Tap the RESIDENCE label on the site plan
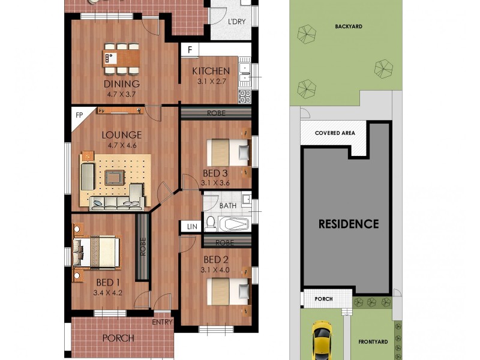click(348, 224)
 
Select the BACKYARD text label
click(349, 26)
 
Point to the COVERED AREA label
click(335, 133)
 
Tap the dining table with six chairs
click(122, 57)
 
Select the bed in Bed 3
click(228, 152)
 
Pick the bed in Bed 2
click(228, 292)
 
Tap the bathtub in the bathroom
click(234, 225)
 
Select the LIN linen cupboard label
click(191, 226)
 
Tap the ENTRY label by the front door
click(163, 322)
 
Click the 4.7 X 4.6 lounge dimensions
click(122, 146)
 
